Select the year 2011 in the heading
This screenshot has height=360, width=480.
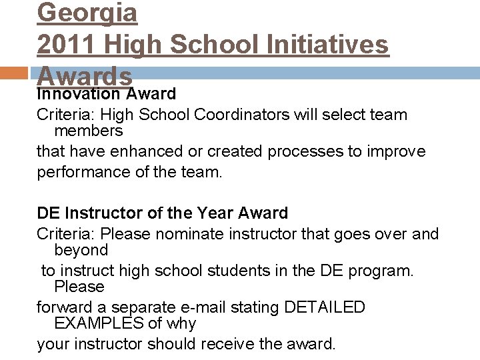pyautogui.click(x=64, y=45)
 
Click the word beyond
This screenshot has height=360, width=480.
pyautogui.click(x=81, y=250)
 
